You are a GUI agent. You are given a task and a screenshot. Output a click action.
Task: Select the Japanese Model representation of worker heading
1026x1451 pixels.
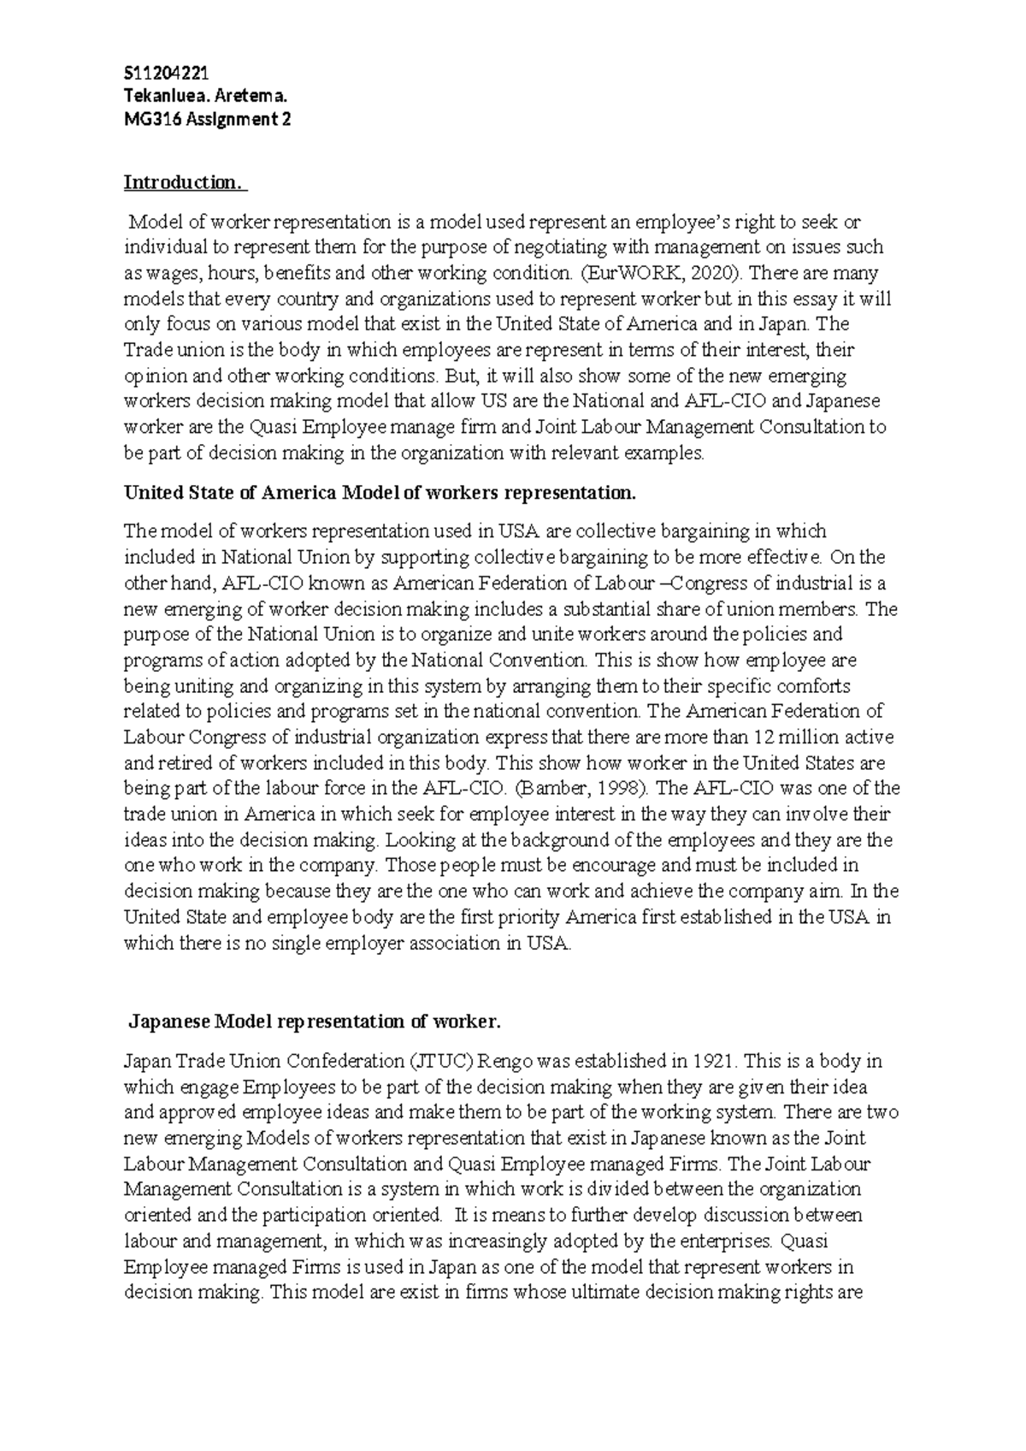313,1022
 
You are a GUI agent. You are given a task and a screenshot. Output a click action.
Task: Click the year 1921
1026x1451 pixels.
714,1062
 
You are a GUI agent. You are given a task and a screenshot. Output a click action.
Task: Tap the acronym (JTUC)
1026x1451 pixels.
442,1062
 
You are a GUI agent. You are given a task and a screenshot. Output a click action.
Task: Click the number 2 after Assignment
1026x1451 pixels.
286,119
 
